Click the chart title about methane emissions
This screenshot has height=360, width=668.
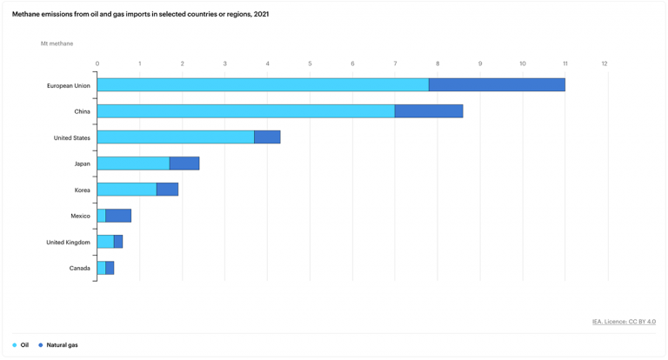coord(140,14)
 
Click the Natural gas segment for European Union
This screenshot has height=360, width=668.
coord(497,85)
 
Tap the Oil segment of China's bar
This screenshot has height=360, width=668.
coord(245,111)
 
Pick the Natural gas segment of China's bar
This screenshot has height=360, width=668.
coord(429,111)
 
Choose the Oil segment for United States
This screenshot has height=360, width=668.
coord(176,137)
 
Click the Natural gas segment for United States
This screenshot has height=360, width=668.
coord(267,137)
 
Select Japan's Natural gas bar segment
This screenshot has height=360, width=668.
coord(184,163)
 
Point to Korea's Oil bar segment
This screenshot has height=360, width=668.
coord(127,190)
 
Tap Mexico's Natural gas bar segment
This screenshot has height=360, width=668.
coord(118,216)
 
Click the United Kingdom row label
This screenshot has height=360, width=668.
coord(68,243)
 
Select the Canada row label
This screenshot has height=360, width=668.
coord(80,269)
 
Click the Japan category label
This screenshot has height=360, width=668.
coord(82,164)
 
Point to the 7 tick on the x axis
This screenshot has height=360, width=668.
coord(395,63)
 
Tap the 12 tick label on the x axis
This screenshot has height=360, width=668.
coord(605,63)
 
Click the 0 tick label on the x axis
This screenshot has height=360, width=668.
coord(97,63)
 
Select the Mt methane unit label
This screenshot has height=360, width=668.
coord(57,43)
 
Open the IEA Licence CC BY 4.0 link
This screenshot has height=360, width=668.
coord(624,322)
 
